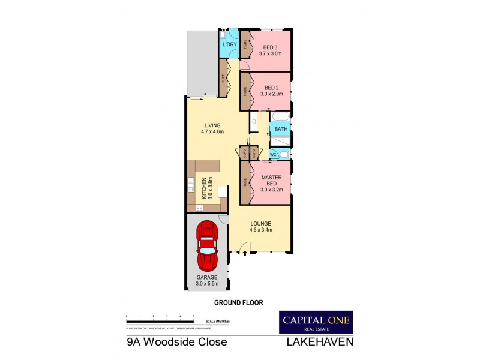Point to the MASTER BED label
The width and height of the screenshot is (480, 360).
(x=271, y=180)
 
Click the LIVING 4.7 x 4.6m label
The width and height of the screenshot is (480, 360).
(x=212, y=128)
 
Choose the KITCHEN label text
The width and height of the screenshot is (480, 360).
(x=204, y=188)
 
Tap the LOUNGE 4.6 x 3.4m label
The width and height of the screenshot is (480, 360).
(x=261, y=226)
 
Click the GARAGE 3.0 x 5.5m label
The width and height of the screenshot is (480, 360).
(x=208, y=280)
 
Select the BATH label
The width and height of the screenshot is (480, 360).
(x=281, y=129)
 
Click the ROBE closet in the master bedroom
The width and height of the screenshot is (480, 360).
(x=245, y=182)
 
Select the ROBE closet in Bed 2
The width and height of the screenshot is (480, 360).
(x=245, y=92)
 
